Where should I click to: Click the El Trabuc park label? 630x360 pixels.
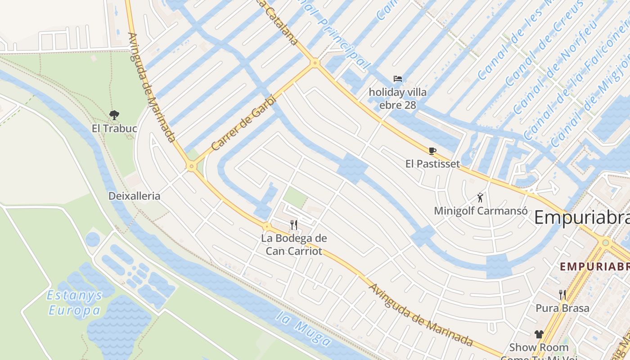(114, 128)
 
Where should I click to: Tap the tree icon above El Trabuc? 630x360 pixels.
(114, 115)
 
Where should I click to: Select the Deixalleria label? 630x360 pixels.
(134, 196)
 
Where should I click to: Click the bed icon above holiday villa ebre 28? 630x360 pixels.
(398, 79)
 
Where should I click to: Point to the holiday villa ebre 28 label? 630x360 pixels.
(398, 99)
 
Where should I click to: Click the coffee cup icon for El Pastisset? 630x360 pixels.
(432, 151)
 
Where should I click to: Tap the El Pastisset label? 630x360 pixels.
(432, 164)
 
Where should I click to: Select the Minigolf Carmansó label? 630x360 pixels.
(481, 211)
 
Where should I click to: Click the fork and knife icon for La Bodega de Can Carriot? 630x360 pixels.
(294, 225)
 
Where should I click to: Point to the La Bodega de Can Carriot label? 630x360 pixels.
(294, 244)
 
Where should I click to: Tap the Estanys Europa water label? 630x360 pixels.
(75, 303)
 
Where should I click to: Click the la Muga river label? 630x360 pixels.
(304, 332)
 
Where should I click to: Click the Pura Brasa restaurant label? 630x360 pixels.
(562, 308)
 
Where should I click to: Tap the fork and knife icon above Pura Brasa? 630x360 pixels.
(562, 295)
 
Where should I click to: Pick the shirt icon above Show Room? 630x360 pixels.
(539, 334)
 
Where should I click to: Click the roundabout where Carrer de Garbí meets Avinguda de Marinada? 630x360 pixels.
(192, 166)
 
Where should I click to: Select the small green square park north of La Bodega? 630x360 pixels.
(295, 198)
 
